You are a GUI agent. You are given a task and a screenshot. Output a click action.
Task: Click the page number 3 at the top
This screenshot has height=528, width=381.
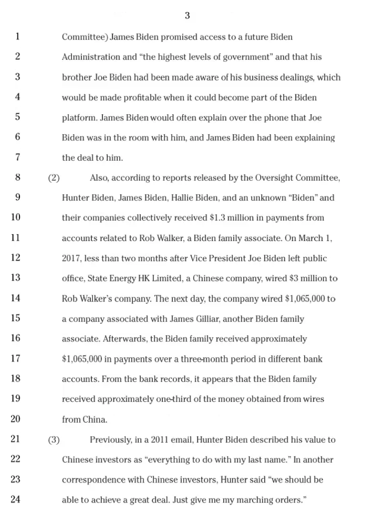187,15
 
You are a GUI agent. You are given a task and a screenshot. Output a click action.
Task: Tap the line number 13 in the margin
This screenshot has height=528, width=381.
15,278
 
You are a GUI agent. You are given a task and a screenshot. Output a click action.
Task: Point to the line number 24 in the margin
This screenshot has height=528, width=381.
15,499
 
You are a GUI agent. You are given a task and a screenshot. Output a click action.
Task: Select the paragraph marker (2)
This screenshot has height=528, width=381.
54,178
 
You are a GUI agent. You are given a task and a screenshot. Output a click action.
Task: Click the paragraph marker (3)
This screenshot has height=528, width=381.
54,440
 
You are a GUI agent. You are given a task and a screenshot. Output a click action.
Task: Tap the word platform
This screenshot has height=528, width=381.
79,118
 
